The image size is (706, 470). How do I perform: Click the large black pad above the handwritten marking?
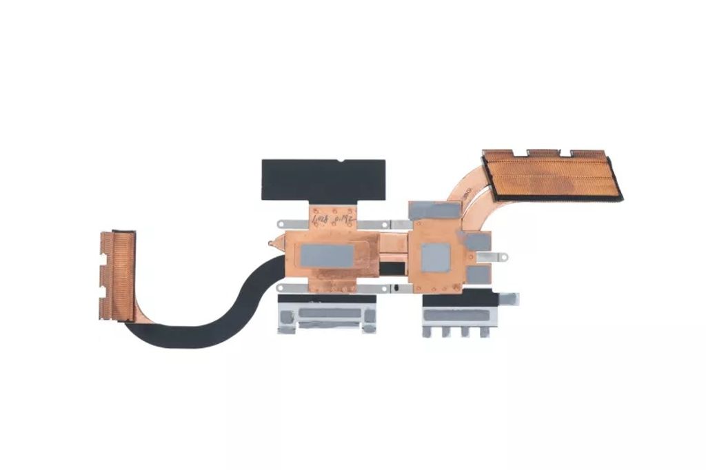tap(323, 179)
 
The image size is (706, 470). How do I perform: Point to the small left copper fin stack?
tap(117, 276)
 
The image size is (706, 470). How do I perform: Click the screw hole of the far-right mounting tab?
tap(510, 298)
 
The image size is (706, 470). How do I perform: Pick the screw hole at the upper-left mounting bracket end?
tap(281, 224)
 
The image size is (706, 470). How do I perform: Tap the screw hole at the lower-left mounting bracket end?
tap(281, 288)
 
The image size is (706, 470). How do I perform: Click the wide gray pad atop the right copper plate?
tap(434, 210)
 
